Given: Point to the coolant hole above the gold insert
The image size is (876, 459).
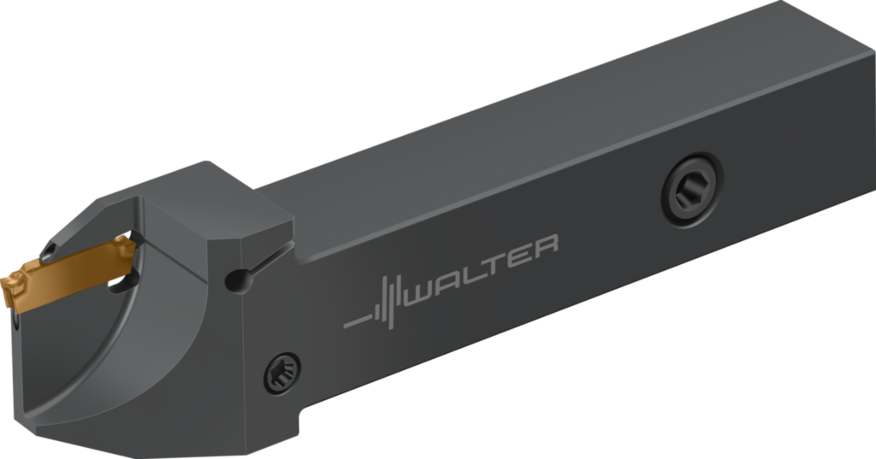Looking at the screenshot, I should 49,250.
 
